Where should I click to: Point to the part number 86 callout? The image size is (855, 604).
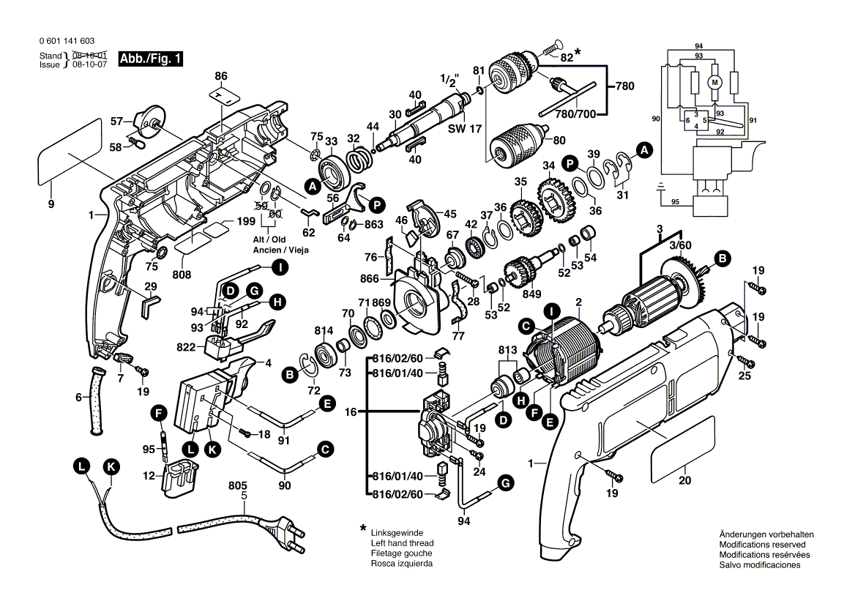coord(222,76)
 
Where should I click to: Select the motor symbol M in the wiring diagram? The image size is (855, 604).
coord(715,82)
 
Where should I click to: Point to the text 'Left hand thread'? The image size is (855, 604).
coord(402,543)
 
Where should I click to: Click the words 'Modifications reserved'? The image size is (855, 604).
coord(762,545)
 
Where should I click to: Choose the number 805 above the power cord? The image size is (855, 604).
coord(238,485)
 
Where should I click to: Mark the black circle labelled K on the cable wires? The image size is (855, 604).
coord(111,466)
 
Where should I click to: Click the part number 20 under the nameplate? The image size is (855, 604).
coord(684,480)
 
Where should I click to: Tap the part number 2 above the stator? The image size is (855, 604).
coord(578,302)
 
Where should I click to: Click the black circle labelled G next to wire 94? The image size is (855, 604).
coord(504,482)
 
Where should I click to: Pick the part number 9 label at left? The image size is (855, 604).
coord(51,205)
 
